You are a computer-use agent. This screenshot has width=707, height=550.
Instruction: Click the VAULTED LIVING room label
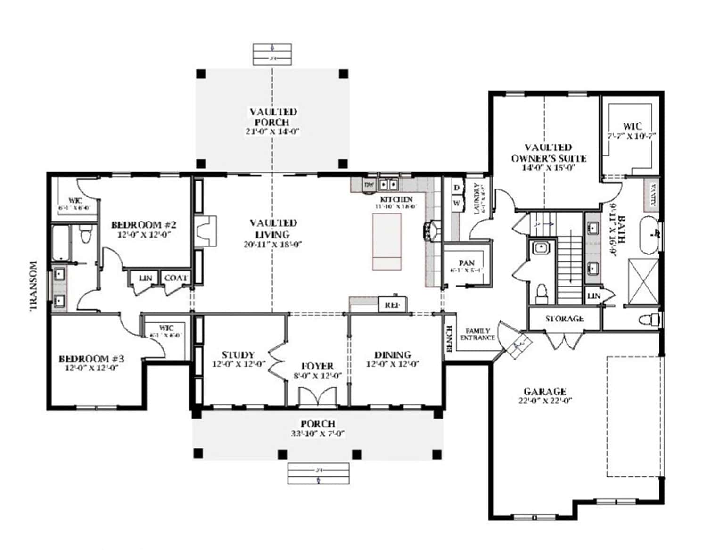[273, 229]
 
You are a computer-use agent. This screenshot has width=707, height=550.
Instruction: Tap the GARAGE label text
[545, 392]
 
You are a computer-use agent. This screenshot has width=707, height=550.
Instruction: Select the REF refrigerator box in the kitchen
[393, 305]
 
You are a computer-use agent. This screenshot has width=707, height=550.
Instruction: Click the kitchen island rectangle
[387, 241]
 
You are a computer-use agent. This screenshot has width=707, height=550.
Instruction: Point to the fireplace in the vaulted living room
[206, 231]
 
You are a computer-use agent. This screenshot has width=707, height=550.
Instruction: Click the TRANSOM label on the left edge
[33, 286]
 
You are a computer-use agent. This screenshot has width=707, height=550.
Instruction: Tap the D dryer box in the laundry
[456, 188]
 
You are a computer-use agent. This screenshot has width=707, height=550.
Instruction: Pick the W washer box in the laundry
[456, 204]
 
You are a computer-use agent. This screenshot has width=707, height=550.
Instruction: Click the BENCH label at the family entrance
[449, 338]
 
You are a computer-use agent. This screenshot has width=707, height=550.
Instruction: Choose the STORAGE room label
[564, 319]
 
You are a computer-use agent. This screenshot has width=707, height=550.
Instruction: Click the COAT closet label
[175, 279]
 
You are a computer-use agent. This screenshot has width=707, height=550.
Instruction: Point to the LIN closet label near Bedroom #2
[146, 279]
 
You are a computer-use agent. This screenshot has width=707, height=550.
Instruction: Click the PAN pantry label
[467, 263]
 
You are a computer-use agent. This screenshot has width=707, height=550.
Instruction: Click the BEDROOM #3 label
[91, 359]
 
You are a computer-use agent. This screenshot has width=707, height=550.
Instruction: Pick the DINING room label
[392, 355]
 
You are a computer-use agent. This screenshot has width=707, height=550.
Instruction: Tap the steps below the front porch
[319, 474]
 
